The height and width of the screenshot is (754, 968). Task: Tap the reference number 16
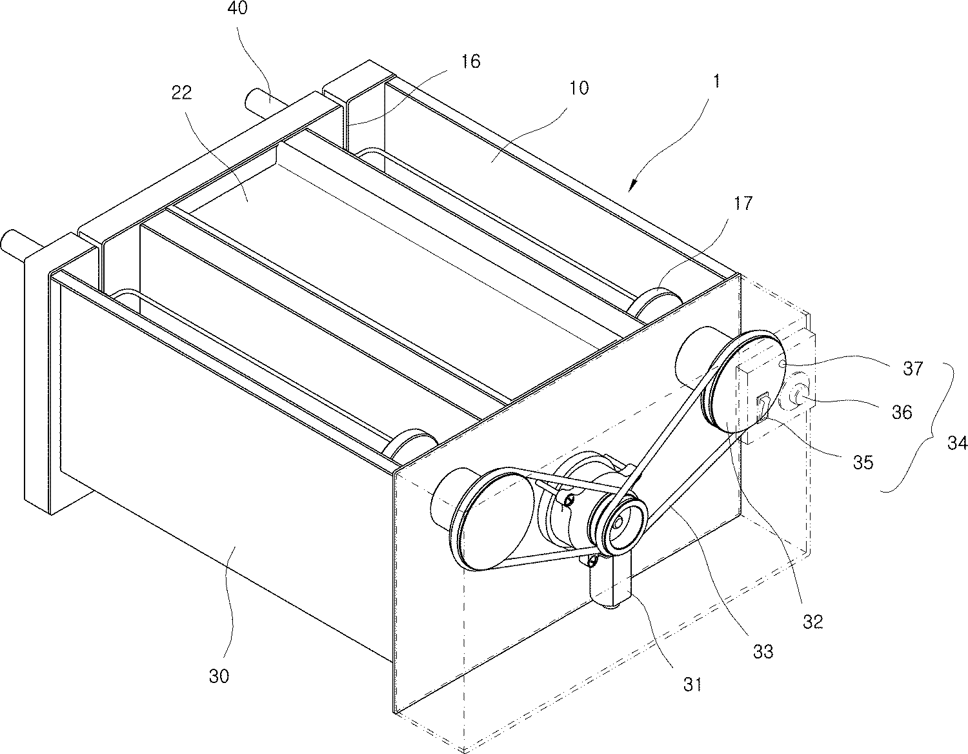[470, 61]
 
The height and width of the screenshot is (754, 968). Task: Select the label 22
[181, 93]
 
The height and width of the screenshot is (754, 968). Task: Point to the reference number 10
[579, 88]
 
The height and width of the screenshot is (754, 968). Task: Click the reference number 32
[813, 620]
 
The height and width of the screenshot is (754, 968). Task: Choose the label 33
[763, 651]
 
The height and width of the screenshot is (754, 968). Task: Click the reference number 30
[219, 676]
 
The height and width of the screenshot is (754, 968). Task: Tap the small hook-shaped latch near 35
[764, 405]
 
